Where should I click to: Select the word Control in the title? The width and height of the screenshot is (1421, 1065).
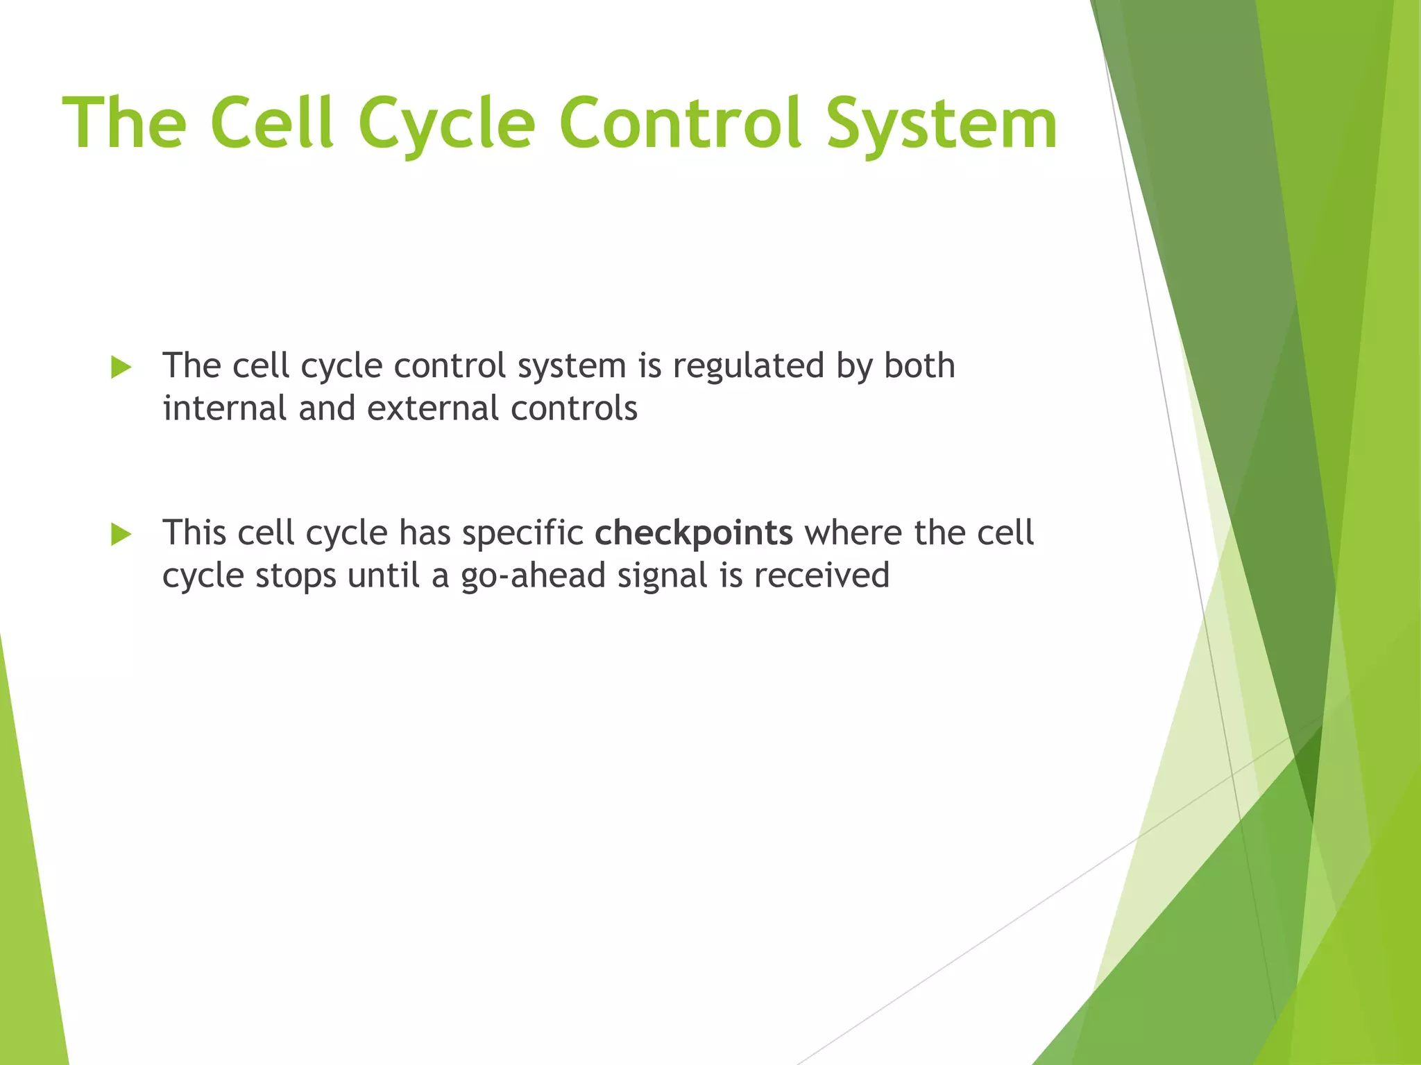pyautogui.click(x=680, y=123)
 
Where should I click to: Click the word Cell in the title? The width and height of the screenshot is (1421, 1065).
pyautogui.click(x=272, y=123)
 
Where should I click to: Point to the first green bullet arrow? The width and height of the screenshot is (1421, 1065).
pyautogui.click(x=121, y=367)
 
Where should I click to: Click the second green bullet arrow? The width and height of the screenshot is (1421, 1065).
pyautogui.click(x=121, y=535)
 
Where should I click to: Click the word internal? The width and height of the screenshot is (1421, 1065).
pyautogui.click(x=224, y=408)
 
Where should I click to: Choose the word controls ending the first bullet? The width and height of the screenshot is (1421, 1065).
pyautogui.click(x=574, y=408)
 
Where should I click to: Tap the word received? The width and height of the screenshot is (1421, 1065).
pyautogui.click(x=821, y=575)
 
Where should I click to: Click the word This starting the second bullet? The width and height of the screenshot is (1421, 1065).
pyautogui.click(x=195, y=532)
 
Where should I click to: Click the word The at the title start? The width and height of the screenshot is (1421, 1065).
pyautogui.click(x=125, y=123)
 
